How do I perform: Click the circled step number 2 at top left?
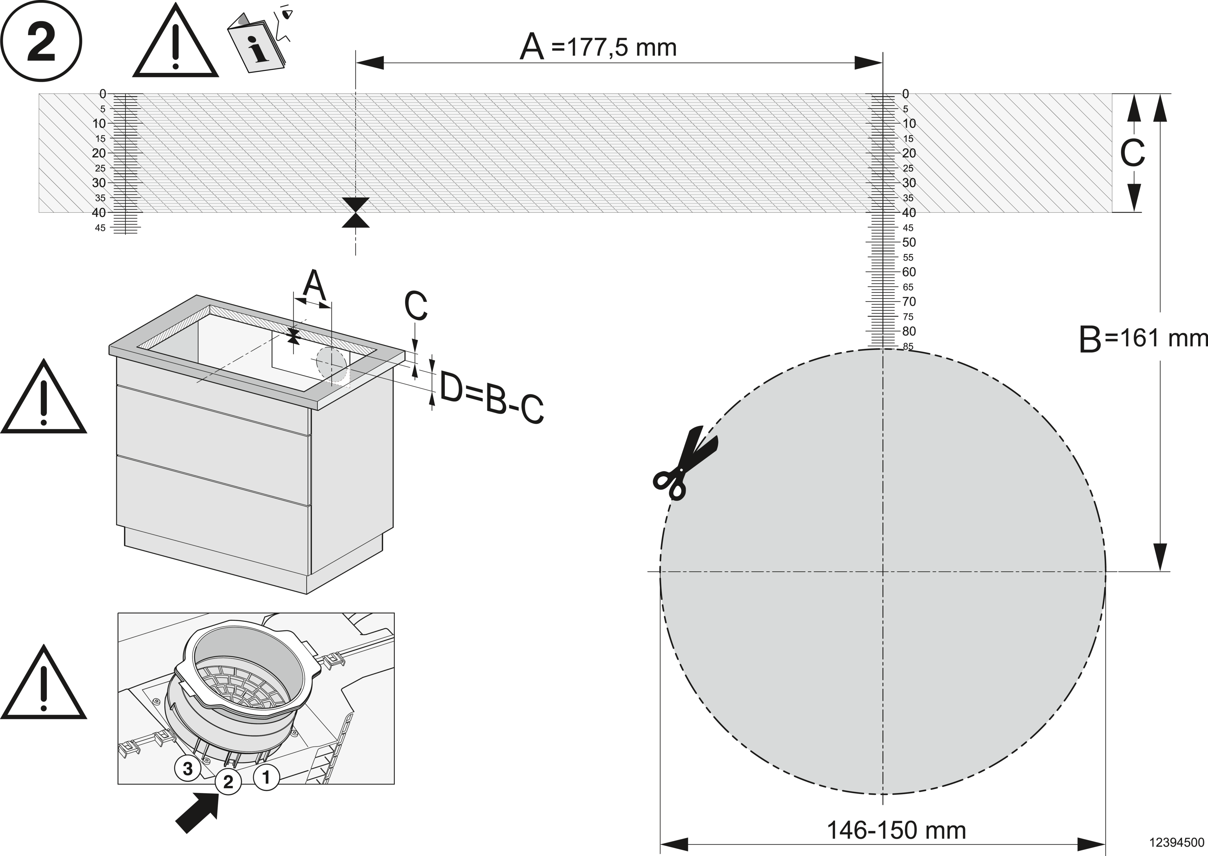pyautogui.click(x=41, y=41)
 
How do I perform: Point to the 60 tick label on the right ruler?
pyautogui.click(x=909, y=272)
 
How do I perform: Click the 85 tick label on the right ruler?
pyautogui.click(x=908, y=346)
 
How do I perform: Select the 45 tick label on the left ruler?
pyautogui.click(x=100, y=228)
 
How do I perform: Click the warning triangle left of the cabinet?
pyautogui.click(x=43, y=396)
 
